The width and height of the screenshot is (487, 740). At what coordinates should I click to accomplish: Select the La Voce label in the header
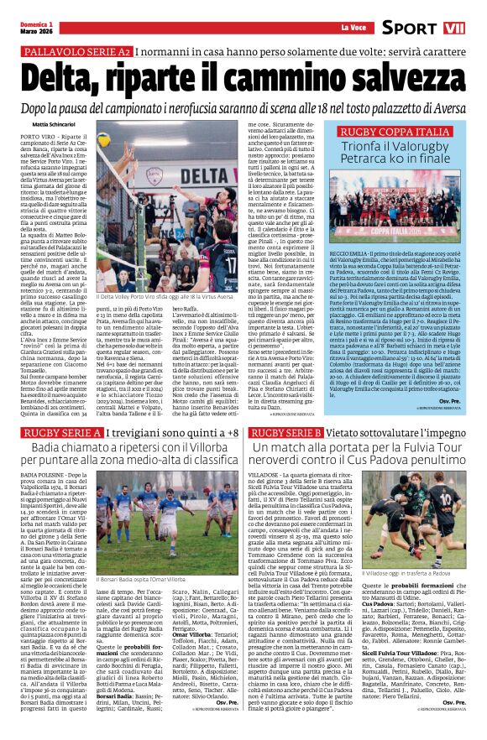coord(353,28)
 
